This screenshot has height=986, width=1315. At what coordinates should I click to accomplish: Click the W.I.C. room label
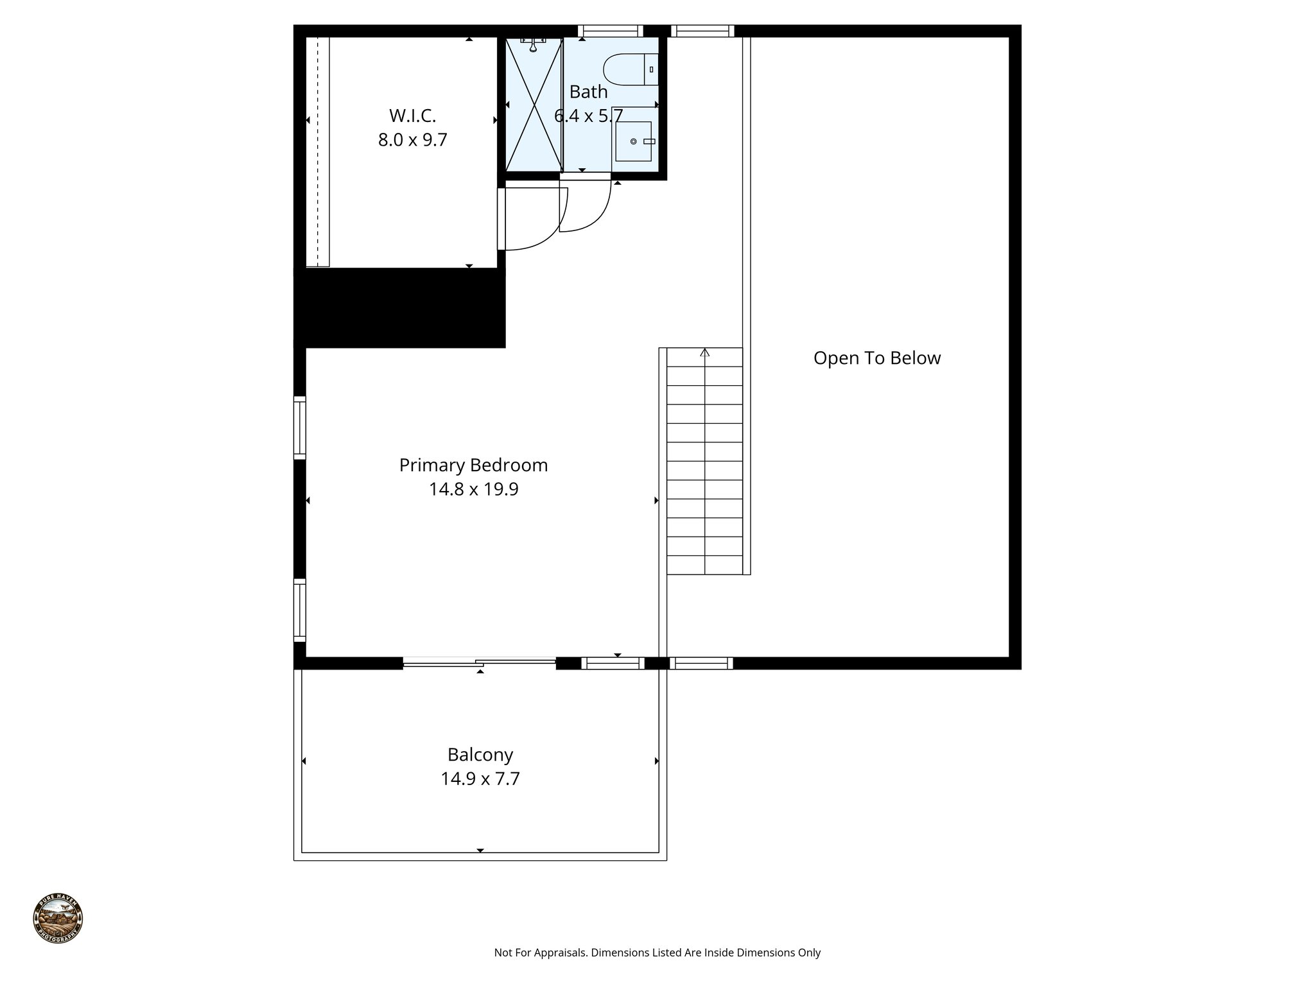click(412, 116)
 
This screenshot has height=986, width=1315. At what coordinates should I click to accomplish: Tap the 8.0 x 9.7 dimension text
click(412, 140)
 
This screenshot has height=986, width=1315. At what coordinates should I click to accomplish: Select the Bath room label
click(588, 92)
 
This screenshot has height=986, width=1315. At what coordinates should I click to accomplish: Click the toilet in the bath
click(631, 70)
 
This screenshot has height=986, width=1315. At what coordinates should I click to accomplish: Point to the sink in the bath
click(633, 141)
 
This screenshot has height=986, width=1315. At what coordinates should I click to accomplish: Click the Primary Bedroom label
click(473, 465)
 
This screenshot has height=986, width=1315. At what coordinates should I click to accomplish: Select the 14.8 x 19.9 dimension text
click(473, 490)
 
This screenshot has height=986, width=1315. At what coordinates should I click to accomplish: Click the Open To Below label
click(876, 358)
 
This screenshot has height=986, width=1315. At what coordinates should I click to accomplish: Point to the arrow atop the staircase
click(705, 352)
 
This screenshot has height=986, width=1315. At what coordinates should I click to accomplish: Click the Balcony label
click(480, 754)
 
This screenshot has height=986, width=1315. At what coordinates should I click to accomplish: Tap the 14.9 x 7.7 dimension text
click(480, 779)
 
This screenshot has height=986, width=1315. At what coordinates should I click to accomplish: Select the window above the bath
click(610, 31)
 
